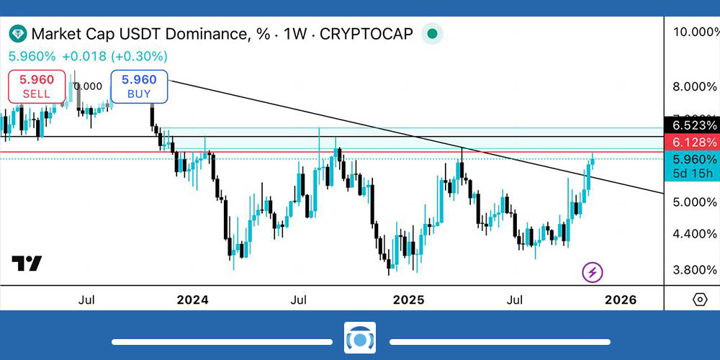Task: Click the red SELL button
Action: [x=37, y=86]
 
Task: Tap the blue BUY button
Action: [x=139, y=86]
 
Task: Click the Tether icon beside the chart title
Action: [x=17, y=34]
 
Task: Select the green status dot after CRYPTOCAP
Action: [x=431, y=33]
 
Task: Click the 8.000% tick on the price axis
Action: [x=694, y=87]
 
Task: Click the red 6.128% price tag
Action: [x=694, y=143]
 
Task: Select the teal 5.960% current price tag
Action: [x=694, y=160]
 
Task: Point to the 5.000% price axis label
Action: [x=694, y=202]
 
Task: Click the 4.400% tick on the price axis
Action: [x=694, y=234]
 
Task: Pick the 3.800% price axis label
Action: [x=694, y=270]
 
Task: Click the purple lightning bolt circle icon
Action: [x=593, y=272]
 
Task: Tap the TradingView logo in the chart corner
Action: [x=27, y=264]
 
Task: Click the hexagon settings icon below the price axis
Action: [x=699, y=300]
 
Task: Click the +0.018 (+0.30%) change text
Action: [x=115, y=56]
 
